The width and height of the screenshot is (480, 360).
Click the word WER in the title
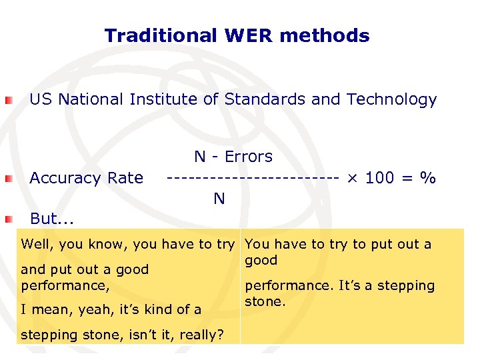pos(249,35)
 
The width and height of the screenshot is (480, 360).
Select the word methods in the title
pos(325,35)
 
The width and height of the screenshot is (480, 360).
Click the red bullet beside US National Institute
pos(7,101)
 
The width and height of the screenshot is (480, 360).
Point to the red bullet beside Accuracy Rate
pos(7,179)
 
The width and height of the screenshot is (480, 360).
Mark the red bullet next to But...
pos(7,219)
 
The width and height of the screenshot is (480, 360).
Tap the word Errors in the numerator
pos(249,157)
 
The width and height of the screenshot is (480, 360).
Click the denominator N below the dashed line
pos(219,199)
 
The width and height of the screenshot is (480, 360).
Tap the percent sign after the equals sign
pos(427,178)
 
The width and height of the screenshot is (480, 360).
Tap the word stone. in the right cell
pos(265,301)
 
